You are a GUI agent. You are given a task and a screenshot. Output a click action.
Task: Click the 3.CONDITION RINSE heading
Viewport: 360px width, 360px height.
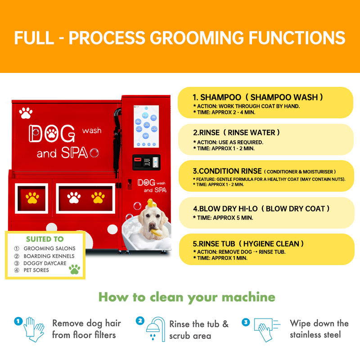[227, 171]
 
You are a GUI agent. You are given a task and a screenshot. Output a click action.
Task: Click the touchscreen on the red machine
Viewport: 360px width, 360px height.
[147, 127]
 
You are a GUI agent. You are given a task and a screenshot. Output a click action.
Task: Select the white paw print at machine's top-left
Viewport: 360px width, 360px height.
[26, 112]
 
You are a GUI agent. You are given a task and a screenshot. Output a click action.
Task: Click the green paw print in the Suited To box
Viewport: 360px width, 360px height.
[74, 269]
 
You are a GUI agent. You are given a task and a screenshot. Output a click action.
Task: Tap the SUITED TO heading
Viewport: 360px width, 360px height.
[45, 239]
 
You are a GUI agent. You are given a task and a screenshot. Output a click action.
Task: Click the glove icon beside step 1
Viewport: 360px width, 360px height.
[33, 329]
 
